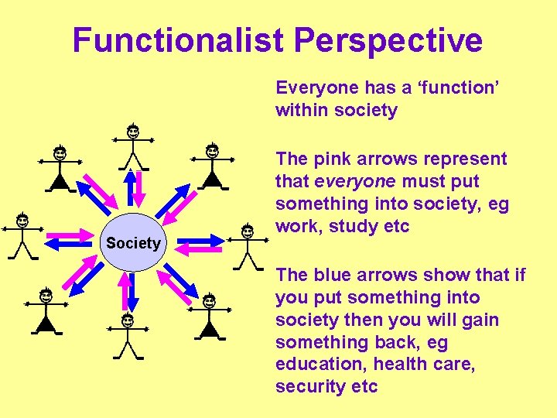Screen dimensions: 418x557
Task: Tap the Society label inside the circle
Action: point(133,243)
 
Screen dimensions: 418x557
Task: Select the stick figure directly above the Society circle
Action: point(133,147)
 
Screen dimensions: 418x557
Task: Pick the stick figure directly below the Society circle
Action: point(127,337)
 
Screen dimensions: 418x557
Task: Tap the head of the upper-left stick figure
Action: point(60,153)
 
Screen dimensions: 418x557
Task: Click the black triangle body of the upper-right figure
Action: point(211,180)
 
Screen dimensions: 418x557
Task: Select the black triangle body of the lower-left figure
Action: point(46,324)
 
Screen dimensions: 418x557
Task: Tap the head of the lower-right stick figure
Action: point(209,300)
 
